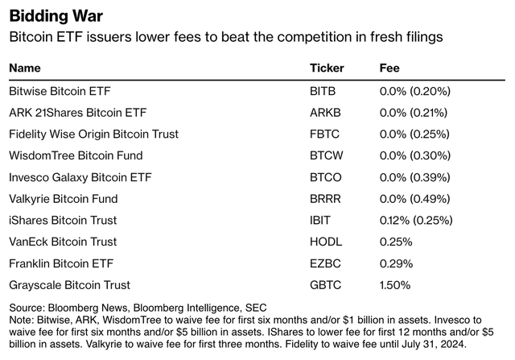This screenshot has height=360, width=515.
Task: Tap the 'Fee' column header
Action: (389, 68)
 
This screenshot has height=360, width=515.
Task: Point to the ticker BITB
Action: (323, 91)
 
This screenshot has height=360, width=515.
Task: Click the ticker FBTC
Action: (324, 134)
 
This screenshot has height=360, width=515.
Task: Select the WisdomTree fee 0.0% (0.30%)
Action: (414, 155)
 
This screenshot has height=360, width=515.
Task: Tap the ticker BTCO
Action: (325, 177)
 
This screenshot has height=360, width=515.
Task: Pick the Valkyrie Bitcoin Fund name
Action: (63, 198)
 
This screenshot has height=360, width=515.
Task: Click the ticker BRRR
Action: (325, 198)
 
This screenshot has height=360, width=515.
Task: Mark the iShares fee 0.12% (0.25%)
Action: (416, 220)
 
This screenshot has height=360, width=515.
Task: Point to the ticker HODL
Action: (325, 242)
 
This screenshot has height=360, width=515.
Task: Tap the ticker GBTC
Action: (325, 284)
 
